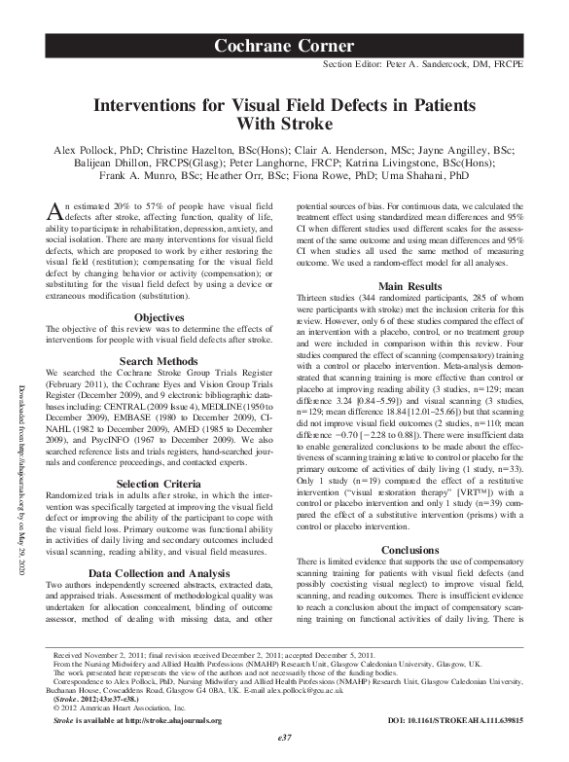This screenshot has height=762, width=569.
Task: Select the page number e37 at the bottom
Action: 285,739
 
